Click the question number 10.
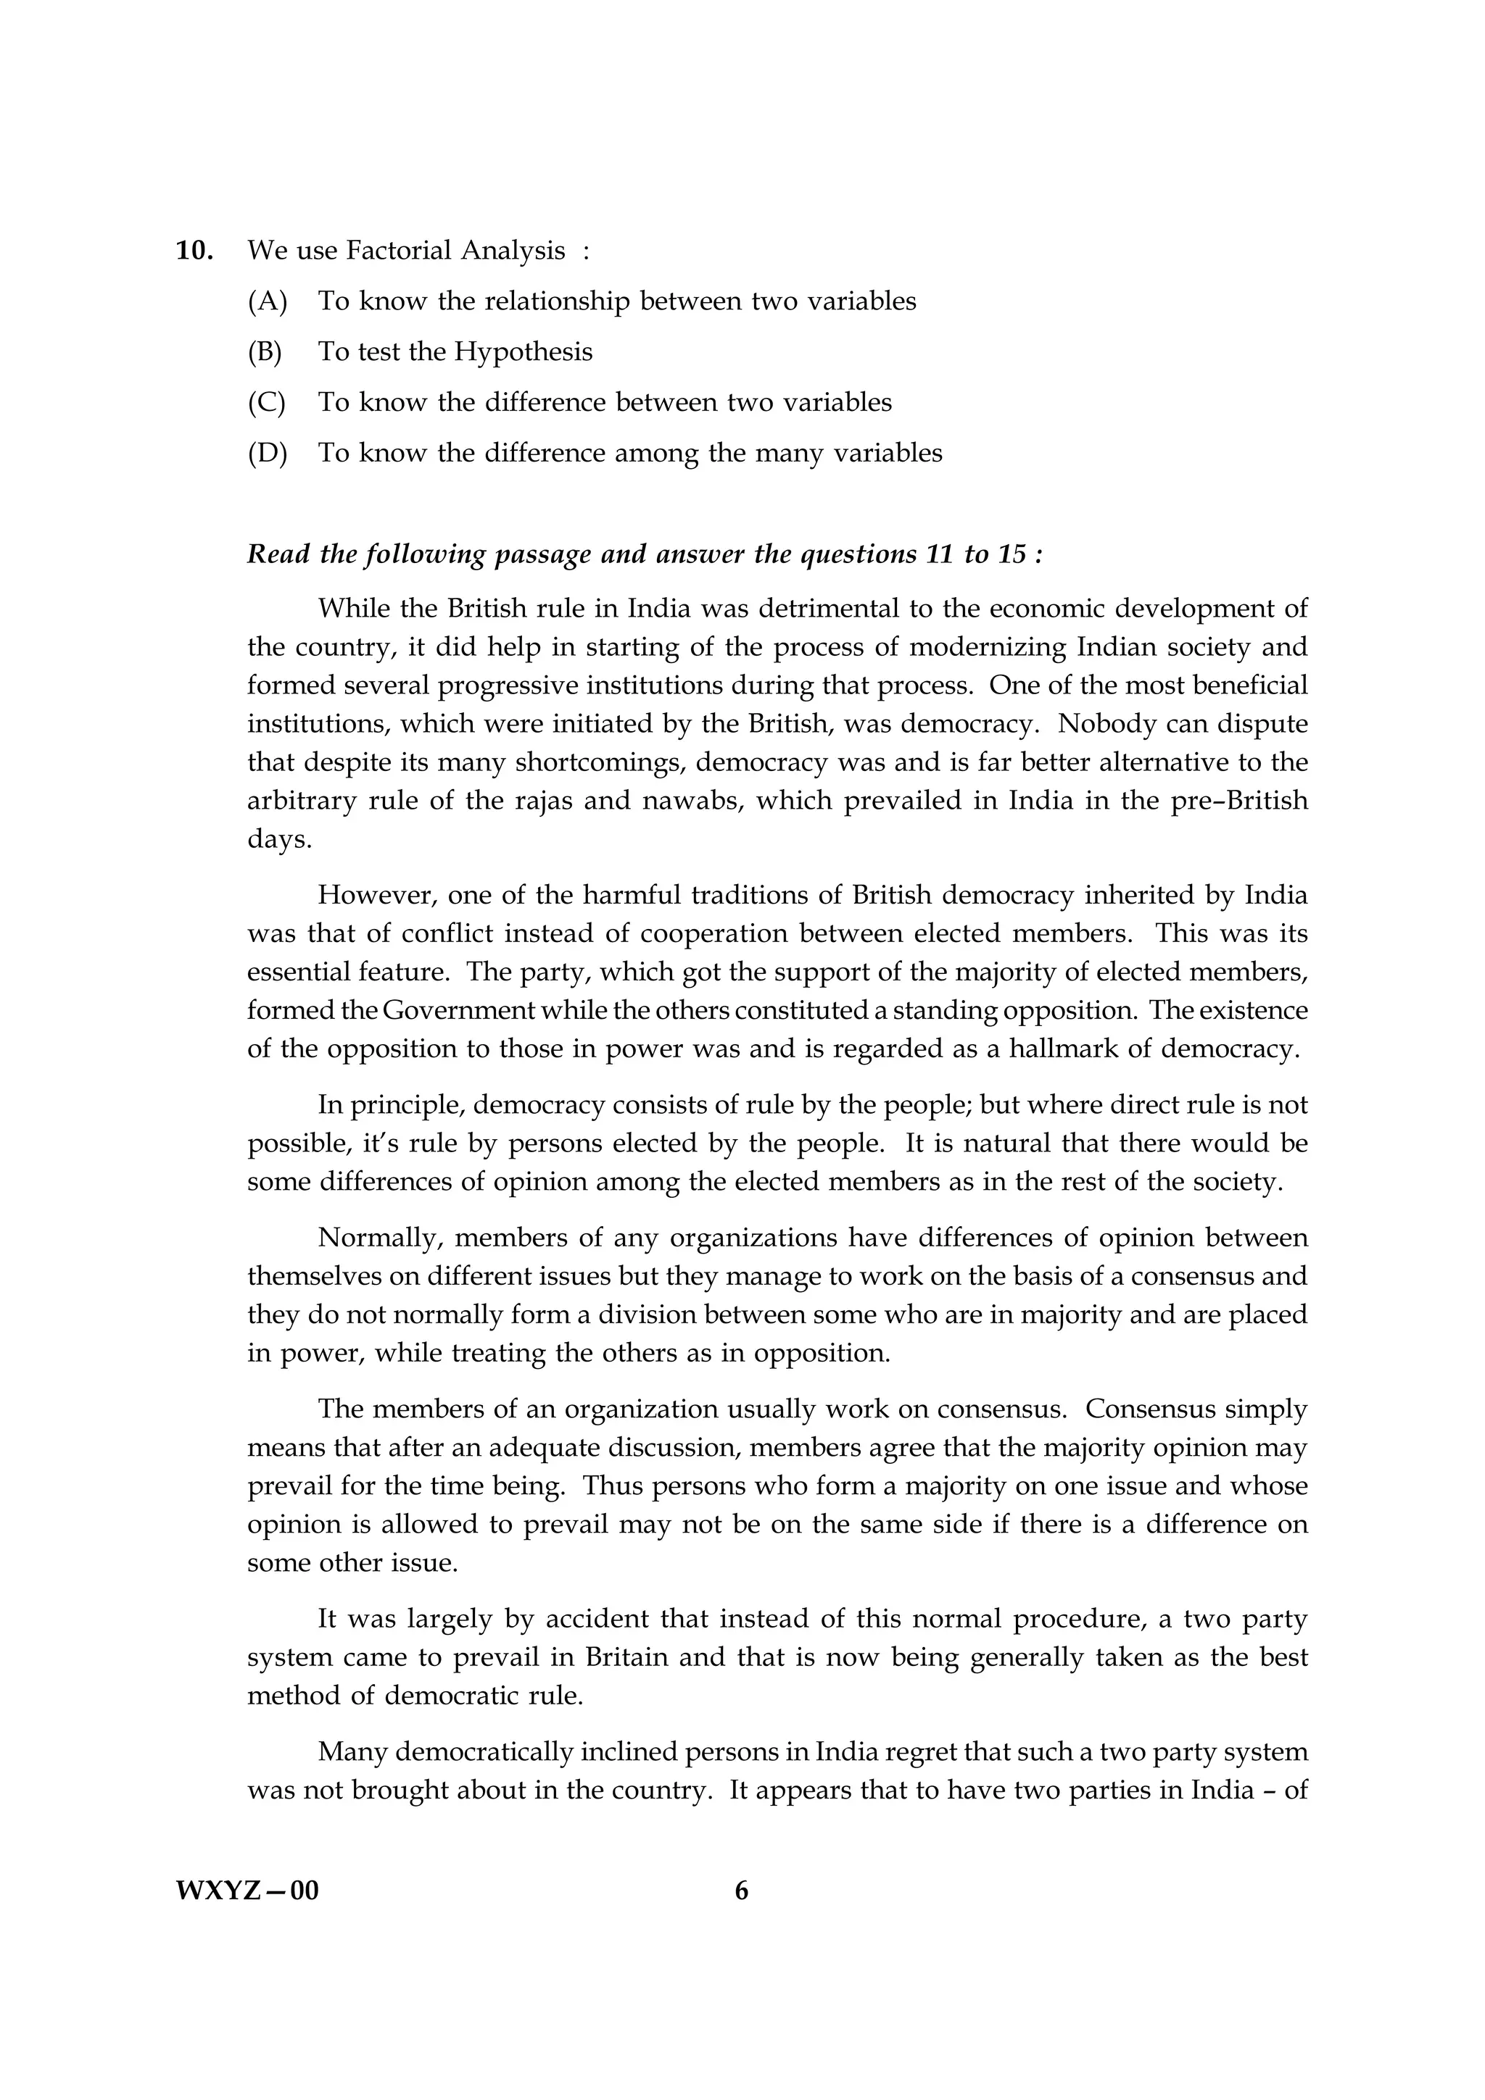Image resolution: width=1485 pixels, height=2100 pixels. [194, 251]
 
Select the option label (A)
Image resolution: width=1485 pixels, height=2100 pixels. [267, 302]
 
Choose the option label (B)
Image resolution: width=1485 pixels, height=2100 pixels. [265, 352]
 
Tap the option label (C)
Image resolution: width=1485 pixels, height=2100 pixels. [266, 402]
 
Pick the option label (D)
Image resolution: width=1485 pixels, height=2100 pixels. [267, 454]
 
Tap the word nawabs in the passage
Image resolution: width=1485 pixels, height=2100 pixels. [685, 801]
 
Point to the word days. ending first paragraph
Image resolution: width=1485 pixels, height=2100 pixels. [279, 841]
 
